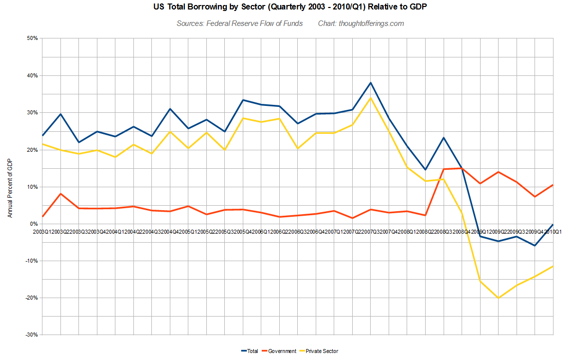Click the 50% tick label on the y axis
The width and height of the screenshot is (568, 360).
point(32,38)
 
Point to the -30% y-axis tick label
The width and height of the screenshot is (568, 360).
point(31,335)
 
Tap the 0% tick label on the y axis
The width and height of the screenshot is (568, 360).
point(33,224)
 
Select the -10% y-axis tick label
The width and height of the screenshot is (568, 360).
point(31,261)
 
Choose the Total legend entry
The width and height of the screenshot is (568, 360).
point(249,351)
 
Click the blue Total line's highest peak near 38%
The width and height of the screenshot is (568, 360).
point(371,83)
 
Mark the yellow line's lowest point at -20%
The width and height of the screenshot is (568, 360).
point(498,298)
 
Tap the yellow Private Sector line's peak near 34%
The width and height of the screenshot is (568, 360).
point(371,98)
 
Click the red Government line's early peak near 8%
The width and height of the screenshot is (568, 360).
point(60,194)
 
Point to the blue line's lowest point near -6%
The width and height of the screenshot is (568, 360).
point(535,245)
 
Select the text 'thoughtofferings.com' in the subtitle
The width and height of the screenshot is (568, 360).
point(371,23)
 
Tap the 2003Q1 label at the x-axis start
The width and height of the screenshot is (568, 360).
point(42,231)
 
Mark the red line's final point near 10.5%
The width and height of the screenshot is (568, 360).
point(553,185)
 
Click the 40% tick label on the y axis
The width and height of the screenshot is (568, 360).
point(32,75)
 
